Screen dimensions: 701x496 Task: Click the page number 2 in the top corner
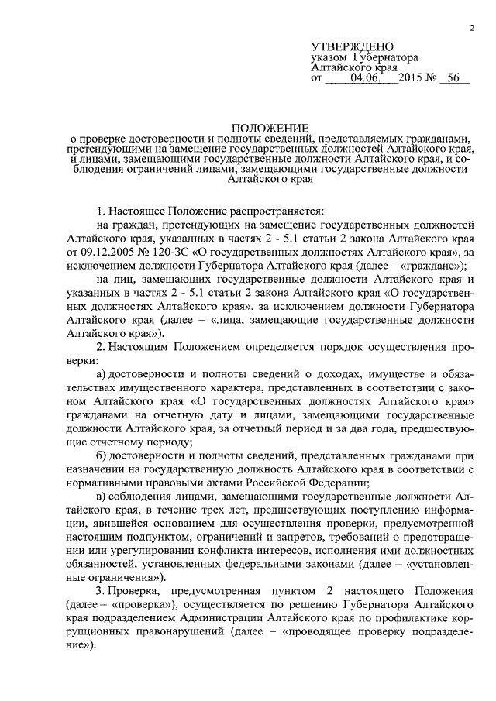(471, 29)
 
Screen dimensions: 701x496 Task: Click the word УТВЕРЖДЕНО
(353, 47)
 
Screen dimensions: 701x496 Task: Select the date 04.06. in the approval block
(366, 78)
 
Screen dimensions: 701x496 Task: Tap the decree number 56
(453, 78)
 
